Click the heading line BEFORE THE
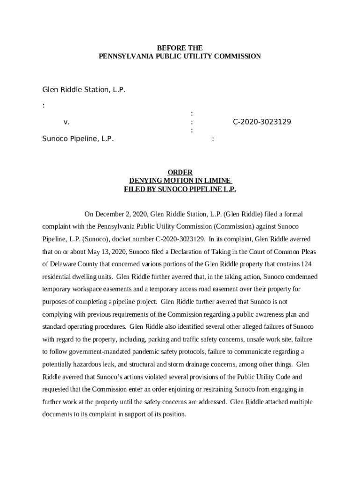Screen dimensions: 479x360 point(180,48)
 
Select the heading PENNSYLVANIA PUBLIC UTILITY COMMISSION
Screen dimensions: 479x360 point(180,56)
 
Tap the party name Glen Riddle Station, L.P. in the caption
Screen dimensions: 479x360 point(84,89)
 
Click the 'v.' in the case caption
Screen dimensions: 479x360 point(66,122)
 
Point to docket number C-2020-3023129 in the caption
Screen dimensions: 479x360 point(262,122)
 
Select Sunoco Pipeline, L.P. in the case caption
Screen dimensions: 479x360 point(78,138)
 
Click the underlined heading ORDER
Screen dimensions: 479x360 point(180,173)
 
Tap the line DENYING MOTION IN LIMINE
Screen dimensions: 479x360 point(180,181)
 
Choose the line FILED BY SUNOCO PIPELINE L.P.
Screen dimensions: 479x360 point(180,189)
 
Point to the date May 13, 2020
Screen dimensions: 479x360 point(107,252)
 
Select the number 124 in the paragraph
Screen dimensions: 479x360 point(307,264)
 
